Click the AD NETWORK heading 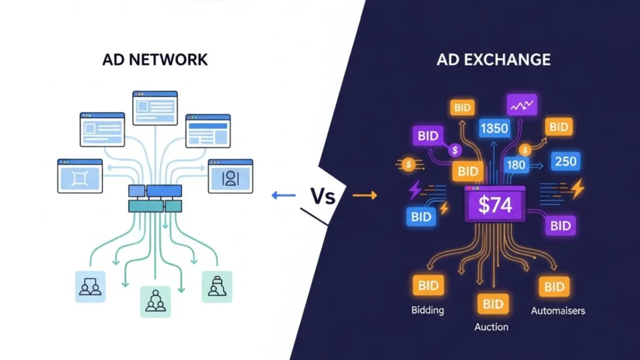coord(154,60)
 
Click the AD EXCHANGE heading coord(494,60)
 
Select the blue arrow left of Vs coord(283,196)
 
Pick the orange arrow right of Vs coord(365,196)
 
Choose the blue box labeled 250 coord(565,161)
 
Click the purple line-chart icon coord(522,106)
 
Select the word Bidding coord(428,311)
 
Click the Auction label coord(491,327)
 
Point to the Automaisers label coord(558,311)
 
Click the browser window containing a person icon coord(230,176)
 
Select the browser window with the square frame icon coord(79,176)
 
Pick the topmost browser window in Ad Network coord(155,107)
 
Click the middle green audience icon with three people coord(155,302)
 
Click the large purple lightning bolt coord(415,189)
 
